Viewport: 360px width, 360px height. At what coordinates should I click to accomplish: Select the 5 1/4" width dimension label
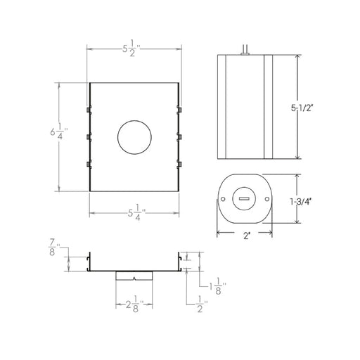click(136, 212)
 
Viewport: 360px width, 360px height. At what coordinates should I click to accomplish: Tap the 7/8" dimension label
click(54, 247)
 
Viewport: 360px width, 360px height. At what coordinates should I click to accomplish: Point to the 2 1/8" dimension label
click(134, 304)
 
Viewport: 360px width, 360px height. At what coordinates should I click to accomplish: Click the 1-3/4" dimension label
click(301, 202)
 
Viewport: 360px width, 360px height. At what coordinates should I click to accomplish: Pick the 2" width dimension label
click(246, 236)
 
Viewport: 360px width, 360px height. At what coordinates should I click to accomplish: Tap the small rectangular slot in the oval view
click(244, 199)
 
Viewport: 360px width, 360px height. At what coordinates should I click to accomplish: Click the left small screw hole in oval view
click(223, 199)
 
